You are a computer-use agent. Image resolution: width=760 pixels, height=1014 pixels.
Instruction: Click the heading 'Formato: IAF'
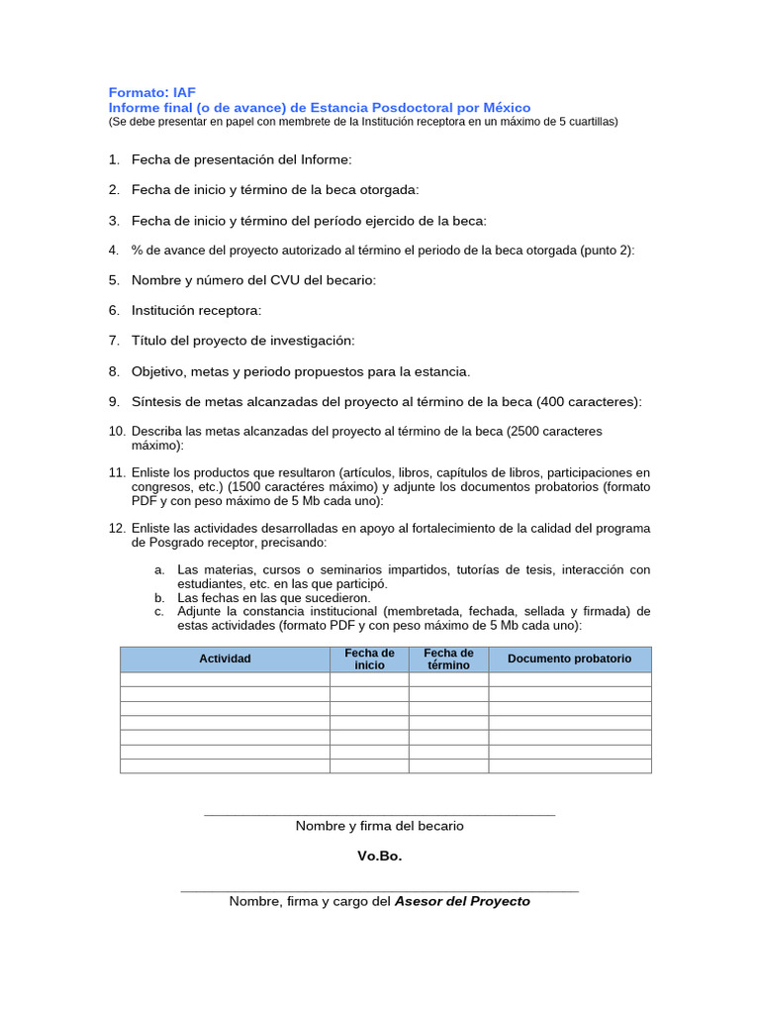click(x=152, y=92)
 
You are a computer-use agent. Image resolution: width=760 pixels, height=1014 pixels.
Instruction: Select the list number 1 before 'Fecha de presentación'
click(x=114, y=158)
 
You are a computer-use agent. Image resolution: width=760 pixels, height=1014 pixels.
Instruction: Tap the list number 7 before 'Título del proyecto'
click(x=114, y=341)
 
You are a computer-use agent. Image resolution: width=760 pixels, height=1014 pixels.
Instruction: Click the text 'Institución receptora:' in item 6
click(x=196, y=310)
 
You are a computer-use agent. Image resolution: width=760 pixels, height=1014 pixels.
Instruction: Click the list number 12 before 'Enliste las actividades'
click(x=117, y=528)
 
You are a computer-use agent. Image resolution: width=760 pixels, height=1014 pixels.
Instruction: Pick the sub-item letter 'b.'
click(x=159, y=598)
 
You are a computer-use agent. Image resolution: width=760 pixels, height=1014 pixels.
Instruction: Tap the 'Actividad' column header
click(x=225, y=659)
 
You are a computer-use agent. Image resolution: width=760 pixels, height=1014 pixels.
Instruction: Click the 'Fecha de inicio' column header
click(x=369, y=659)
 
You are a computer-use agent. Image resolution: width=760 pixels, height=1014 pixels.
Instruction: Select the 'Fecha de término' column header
click(x=448, y=659)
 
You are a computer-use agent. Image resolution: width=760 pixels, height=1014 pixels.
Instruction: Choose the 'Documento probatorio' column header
click(x=569, y=659)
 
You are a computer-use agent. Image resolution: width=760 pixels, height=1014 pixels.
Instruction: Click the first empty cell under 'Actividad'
click(x=225, y=679)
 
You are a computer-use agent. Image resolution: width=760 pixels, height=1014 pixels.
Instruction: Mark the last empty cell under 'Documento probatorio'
click(x=569, y=765)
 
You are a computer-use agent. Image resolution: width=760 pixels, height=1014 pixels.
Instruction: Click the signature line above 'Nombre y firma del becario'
click(x=379, y=815)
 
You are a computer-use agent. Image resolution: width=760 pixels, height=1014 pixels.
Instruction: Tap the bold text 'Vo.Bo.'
click(x=379, y=856)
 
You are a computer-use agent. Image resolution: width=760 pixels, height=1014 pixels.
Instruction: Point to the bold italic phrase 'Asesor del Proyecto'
click(x=462, y=901)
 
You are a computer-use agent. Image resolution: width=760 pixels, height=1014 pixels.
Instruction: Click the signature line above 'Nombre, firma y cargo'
click(x=379, y=891)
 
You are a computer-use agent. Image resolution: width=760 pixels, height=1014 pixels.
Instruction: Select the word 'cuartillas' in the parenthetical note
click(x=587, y=122)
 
